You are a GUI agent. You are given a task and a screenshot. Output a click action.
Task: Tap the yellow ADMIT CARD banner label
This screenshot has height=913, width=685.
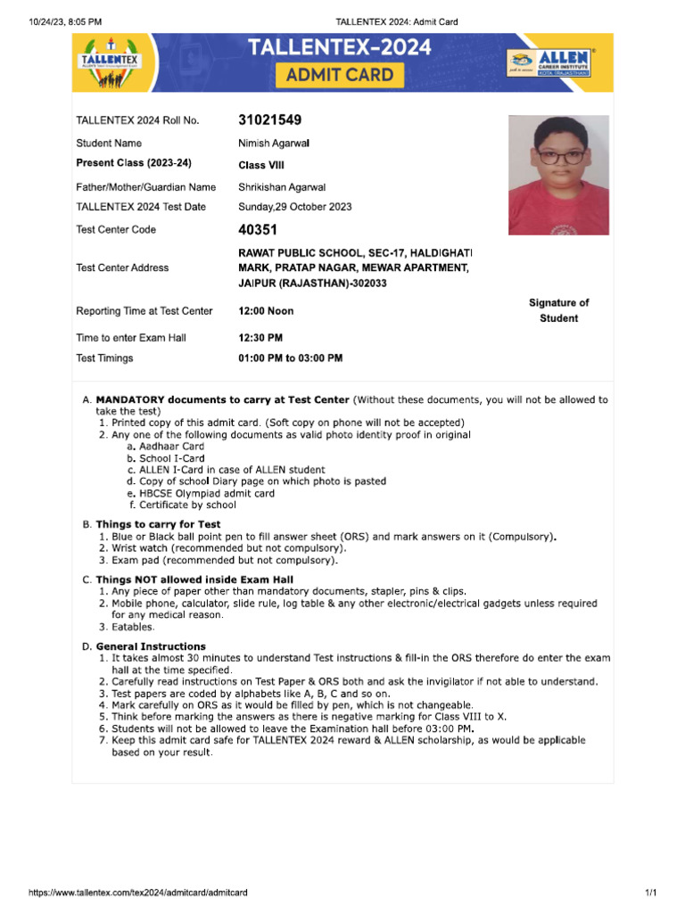pyautogui.click(x=339, y=75)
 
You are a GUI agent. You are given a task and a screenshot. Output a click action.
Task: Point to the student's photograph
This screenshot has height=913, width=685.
pyautogui.click(x=558, y=175)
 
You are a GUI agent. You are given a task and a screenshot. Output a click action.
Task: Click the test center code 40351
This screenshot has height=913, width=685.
pyautogui.click(x=258, y=229)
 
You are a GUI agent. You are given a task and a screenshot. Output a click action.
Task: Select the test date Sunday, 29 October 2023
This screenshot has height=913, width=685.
pyautogui.click(x=294, y=207)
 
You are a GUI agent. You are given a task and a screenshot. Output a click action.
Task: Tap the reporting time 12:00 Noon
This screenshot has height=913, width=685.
pyautogui.click(x=266, y=311)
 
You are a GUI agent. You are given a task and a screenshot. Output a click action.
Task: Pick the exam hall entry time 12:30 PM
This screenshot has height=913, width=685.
pyautogui.click(x=260, y=338)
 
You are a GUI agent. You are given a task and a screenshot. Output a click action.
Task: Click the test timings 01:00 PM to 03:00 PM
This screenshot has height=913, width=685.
pyautogui.click(x=290, y=358)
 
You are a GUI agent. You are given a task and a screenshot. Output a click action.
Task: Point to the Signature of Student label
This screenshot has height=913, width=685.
pyautogui.click(x=558, y=311)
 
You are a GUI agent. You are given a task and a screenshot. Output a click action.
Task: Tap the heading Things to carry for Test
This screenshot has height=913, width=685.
pyautogui.click(x=158, y=524)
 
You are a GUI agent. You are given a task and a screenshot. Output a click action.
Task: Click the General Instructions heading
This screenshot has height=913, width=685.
pyautogui.click(x=151, y=646)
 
